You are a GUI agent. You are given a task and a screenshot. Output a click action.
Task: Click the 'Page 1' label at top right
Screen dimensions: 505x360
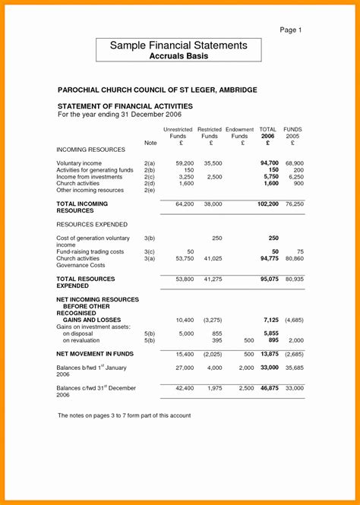(291, 30)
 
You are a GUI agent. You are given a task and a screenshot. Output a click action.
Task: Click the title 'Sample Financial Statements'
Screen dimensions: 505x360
(178, 46)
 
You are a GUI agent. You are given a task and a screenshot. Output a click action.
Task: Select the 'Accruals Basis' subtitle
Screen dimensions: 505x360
(178, 56)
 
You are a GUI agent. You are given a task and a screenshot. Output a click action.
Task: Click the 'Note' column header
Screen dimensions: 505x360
(150, 143)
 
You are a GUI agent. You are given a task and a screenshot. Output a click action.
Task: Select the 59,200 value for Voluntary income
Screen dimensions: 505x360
(185, 163)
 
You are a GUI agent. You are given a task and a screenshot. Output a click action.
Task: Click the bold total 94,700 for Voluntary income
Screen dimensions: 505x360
(270, 163)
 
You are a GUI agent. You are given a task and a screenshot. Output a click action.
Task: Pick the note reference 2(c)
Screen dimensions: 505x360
(150, 177)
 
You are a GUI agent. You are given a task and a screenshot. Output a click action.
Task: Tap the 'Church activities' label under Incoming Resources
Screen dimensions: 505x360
(78, 184)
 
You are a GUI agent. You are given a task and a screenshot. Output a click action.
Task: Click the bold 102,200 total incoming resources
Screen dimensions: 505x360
(268, 204)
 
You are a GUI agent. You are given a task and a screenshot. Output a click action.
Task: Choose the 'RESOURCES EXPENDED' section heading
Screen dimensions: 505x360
(92, 225)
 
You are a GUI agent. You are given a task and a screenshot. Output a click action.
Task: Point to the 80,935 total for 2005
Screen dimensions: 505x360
(294, 279)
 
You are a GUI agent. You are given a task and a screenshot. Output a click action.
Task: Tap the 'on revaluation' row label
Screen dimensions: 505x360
(82, 340)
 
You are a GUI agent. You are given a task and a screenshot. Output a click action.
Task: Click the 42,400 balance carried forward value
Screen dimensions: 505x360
(185, 388)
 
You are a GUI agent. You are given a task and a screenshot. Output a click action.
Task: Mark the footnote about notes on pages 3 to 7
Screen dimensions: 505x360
(124, 415)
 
